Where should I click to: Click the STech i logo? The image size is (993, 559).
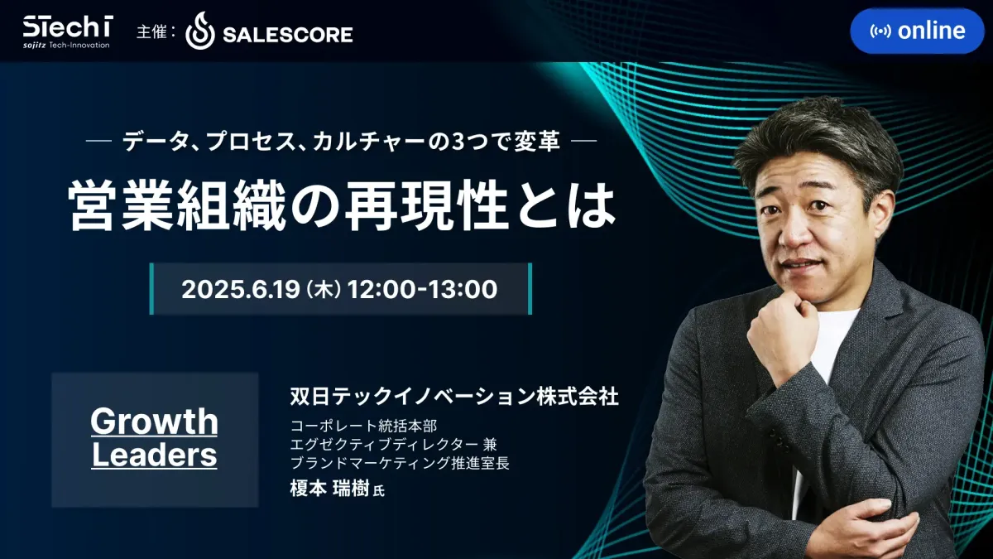tap(68, 31)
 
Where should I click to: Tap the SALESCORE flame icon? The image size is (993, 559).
tap(200, 31)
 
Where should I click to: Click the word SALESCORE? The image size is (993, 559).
tap(288, 35)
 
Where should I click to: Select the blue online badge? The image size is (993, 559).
tap(917, 31)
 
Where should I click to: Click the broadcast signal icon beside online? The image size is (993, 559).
tap(880, 31)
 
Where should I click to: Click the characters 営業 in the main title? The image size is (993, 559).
tap(122, 205)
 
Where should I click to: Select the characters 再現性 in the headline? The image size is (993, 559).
tap(425, 205)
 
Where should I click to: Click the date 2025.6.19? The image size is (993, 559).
tap(241, 289)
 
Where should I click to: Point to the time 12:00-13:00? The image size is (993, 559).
tap(423, 289)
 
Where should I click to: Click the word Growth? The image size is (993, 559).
tap(154, 421)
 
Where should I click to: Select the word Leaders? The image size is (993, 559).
tap(154, 455)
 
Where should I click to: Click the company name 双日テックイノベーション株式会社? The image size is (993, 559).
tap(454, 396)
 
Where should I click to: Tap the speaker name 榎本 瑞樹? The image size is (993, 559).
tap(330, 489)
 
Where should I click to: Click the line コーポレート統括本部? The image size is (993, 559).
tap(363, 426)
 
